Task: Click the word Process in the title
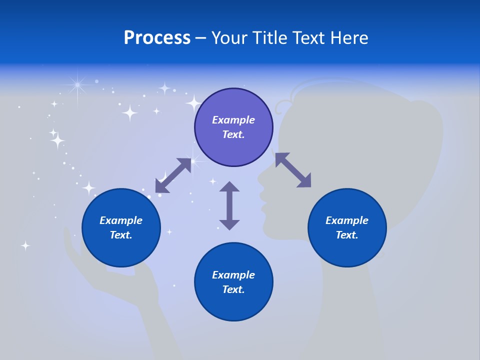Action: [x=157, y=38]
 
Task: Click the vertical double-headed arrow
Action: [x=229, y=205]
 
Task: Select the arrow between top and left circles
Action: [x=173, y=175]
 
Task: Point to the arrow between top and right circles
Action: [x=293, y=170]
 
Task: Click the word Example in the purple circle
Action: [x=233, y=120]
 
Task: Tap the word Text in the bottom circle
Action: [x=233, y=289]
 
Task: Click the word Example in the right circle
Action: [x=347, y=220]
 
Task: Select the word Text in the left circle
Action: [x=121, y=235]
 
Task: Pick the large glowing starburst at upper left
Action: [x=77, y=85]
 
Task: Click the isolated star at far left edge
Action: [x=25, y=245]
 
